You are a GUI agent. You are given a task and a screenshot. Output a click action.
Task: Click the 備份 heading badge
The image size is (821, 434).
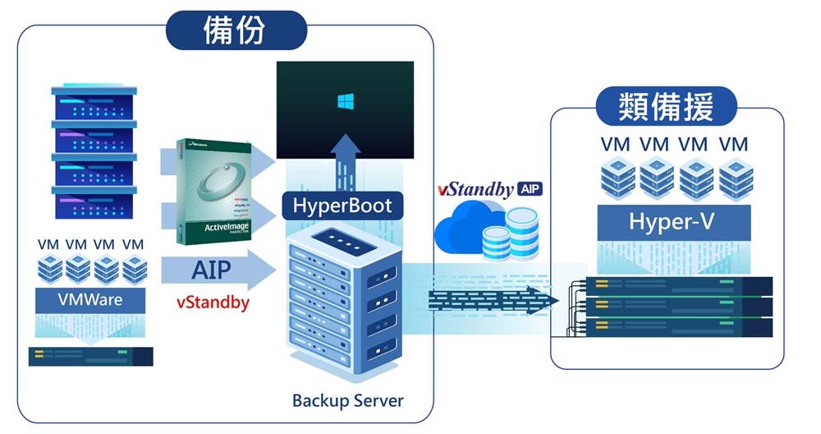point(236,31)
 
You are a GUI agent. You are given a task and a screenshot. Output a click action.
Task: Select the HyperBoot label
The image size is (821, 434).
point(343,204)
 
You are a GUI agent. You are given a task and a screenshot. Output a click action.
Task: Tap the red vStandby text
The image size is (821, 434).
point(213,302)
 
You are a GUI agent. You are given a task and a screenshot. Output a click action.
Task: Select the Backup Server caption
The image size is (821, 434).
point(347,401)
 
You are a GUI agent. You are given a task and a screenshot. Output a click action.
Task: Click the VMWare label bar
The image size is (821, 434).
point(90,298)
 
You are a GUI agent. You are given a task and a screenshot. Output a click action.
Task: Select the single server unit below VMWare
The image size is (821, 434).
point(91,357)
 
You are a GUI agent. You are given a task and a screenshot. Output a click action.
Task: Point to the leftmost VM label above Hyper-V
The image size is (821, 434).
point(615,145)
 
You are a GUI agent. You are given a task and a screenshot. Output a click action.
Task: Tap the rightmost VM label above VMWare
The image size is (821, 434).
point(132,245)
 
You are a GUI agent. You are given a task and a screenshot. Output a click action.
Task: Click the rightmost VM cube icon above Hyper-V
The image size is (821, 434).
point(736,176)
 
